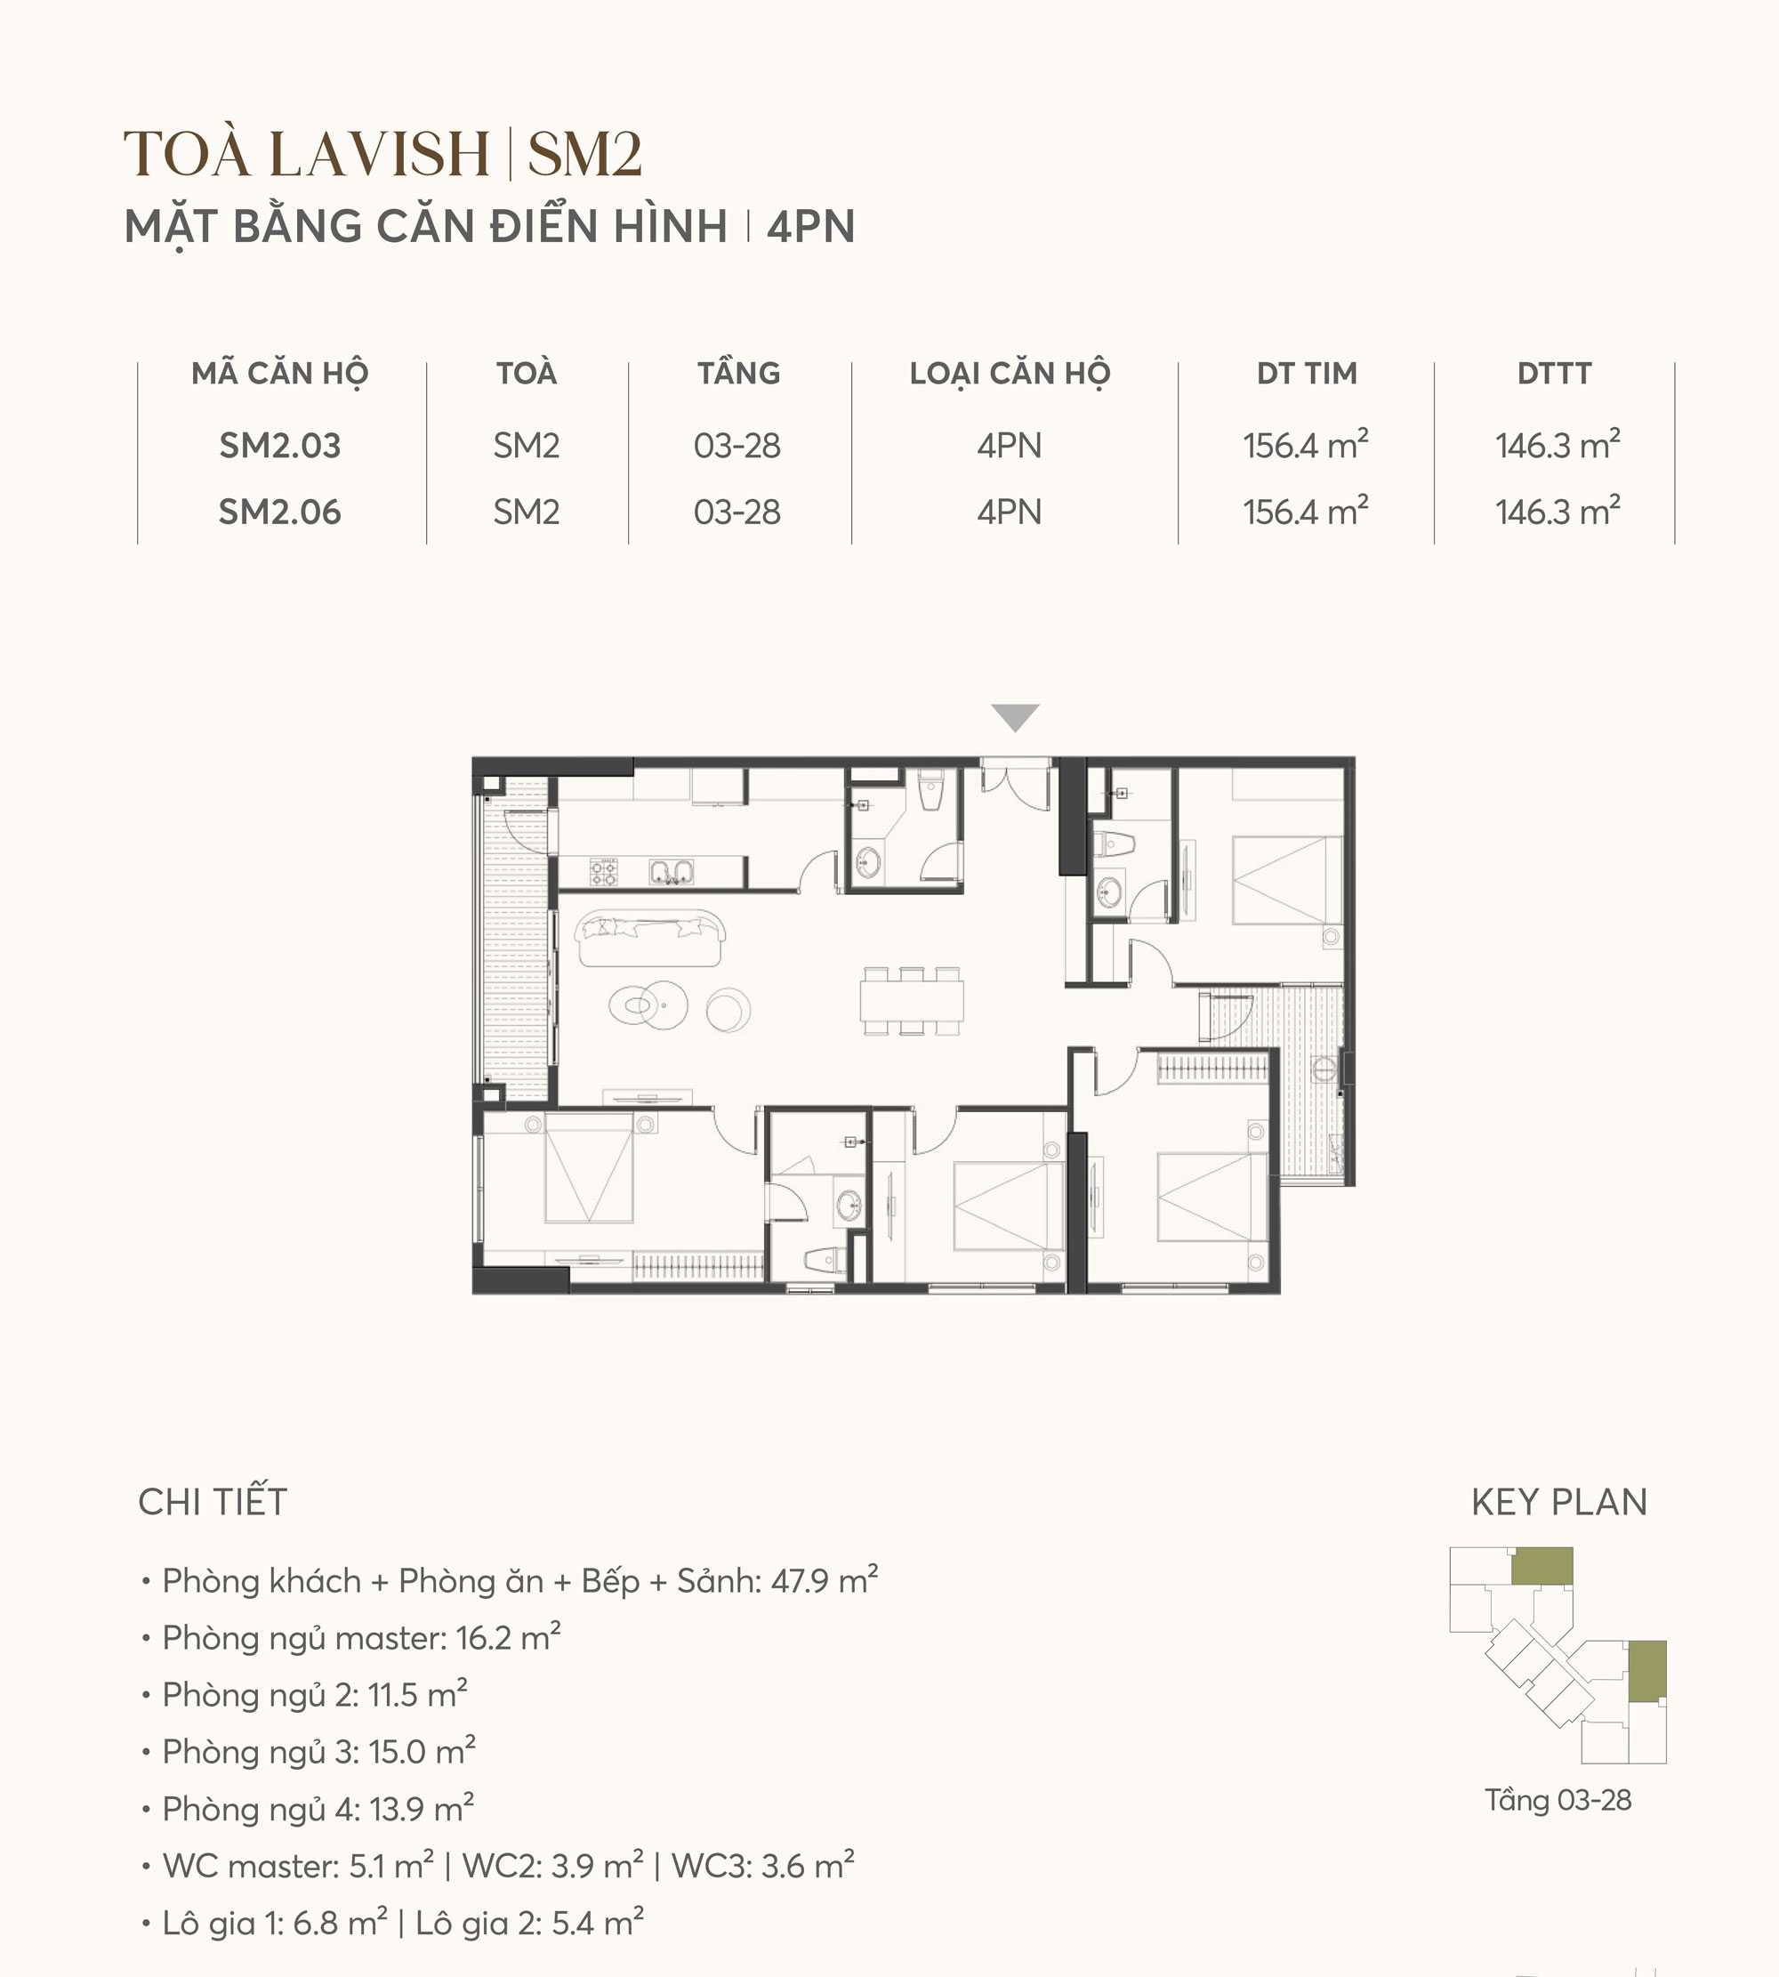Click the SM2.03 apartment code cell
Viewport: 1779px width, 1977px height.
[x=279, y=446]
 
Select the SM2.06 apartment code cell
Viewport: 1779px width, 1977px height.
[x=279, y=512]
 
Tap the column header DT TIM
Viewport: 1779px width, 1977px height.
[x=1307, y=374]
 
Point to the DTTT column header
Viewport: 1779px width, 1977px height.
[x=1554, y=374]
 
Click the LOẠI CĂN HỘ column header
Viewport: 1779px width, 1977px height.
[x=1010, y=375]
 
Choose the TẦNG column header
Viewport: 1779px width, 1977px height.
[x=738, y=373]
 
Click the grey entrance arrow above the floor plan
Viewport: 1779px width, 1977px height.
[x=1015, y=718]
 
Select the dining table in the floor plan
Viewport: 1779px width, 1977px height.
[x=912, y=1000]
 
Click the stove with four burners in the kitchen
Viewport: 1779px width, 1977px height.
[x=603, y=871]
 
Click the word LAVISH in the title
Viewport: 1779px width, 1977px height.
[x=379, y=155]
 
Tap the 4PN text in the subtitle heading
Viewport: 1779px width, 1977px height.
[x=810, y=227]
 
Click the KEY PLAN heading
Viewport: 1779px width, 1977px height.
[x=1559, y=1502]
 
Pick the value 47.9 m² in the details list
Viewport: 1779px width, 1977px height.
[x=824, y=1580]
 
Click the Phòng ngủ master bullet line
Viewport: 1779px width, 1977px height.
[x=360, y=1638]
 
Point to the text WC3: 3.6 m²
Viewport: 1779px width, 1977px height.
[x=762, y=1866]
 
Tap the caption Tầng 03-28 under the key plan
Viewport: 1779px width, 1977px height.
[x=1558, y=1800]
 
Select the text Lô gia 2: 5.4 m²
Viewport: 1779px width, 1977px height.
[x=529, y=1924]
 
